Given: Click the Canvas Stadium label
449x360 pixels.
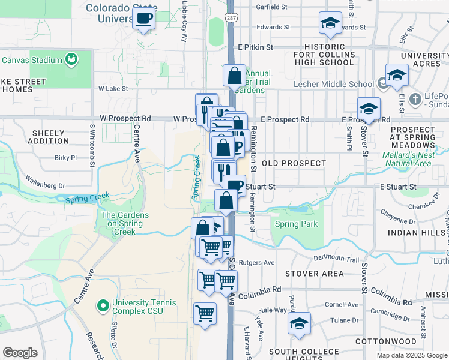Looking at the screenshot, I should pos(32,60).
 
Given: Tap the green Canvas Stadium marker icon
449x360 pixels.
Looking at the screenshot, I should pos(72,59).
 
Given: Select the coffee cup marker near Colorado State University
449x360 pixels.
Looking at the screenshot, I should pos(144,18).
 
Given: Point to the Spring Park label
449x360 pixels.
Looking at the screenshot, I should pos(296,224).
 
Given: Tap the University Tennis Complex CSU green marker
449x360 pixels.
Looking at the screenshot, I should pos(103,306).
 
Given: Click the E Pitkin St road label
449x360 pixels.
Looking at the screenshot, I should pos(255,47).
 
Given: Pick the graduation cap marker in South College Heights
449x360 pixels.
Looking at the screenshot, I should pos(298,323).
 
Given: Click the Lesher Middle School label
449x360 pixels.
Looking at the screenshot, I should pos(333,84).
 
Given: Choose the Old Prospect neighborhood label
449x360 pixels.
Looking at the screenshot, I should pos(294,163).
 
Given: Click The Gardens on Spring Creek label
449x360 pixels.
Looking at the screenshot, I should pos(122,224).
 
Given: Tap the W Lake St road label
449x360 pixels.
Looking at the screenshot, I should pos(113,88).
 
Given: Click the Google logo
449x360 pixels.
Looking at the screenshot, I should pos(20,353).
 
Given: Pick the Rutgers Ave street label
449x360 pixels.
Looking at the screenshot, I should pos(256,263).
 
